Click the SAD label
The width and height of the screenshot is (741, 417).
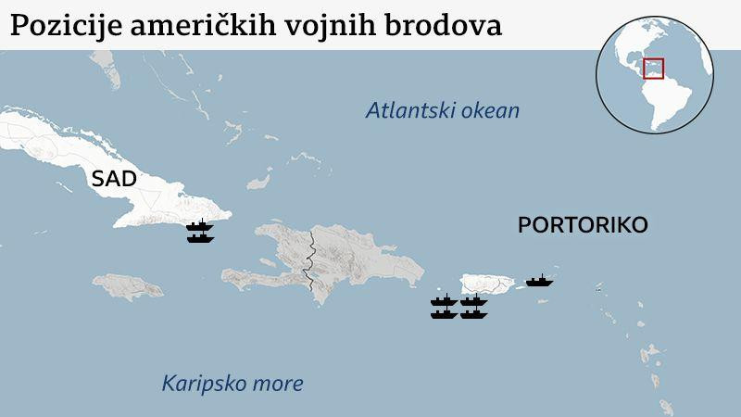[113, 179]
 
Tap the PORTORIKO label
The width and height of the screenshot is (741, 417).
[583, 225]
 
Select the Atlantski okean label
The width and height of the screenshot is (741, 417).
[443, 111]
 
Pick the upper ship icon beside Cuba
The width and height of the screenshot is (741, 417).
[200, 225]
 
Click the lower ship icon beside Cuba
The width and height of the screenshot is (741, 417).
[200, 237]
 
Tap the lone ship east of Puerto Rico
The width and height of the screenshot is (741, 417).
[538, 280]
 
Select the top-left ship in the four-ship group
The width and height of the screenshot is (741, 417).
[444, 300]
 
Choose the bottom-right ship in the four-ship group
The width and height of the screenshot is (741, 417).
[473, 313]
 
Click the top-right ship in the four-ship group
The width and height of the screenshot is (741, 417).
[473, 300]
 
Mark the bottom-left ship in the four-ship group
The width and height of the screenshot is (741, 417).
[444, 313]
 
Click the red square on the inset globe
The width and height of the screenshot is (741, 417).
[654, 69]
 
